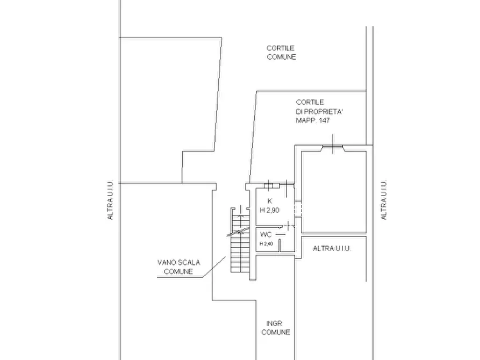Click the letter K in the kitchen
tap(270, 201)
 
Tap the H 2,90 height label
tap(270, 210)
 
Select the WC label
tap(266, 235)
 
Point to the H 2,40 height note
tap(266, 244)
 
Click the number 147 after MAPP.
tap(324, 120)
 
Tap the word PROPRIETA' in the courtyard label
tap(324, 111)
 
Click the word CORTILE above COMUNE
tap(281, 48)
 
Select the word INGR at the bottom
tap(274, 323)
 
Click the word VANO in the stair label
tap(166, 263)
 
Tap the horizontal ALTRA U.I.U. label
tap(332, 249)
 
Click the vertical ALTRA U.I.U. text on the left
tap(110, 199)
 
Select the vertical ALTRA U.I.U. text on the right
tap(384, 199)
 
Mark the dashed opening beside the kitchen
tap(298, 209)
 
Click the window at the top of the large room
tap(333, 148)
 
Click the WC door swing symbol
tap(287, 226)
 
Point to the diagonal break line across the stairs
tap(238, 232)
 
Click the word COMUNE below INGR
tap(276, 333)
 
